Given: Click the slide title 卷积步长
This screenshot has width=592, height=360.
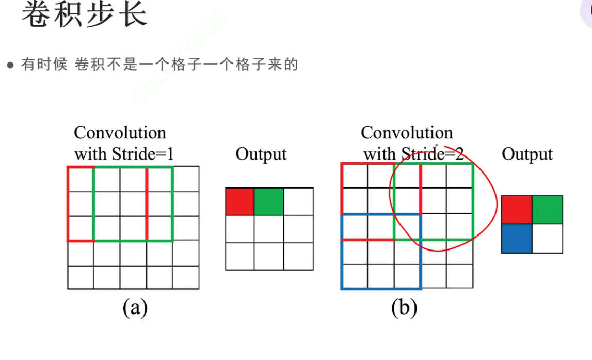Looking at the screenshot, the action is (x=84, y=15).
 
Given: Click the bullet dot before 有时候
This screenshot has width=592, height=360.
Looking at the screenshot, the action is (x=10, y=66).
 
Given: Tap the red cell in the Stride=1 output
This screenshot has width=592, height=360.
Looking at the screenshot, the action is (x=240, y=201).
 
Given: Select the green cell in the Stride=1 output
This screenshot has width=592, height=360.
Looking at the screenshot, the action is (x=269, y=201).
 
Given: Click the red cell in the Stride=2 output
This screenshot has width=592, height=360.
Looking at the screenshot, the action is (x=517, y=210).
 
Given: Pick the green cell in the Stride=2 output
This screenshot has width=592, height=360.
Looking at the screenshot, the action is (x=548, y=210).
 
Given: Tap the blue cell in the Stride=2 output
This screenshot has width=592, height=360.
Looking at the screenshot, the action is (x=517, y=238).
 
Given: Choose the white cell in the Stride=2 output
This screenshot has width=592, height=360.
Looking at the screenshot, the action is (x=548, y=238).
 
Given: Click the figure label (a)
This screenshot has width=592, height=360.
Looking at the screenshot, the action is (x=135, y=307).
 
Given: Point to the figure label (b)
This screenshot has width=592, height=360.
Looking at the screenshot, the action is (x=404, y=307).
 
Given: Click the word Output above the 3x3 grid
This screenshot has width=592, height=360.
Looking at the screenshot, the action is (x=261, y=154).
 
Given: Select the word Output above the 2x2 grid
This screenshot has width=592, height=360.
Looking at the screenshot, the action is (x=527, y=154).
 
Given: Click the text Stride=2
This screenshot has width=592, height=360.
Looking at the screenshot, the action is (x=433, y=154).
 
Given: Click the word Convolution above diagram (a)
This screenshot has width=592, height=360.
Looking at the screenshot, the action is (x=120, y=133).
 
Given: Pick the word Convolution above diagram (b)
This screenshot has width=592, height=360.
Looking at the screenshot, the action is (x=407, y=133).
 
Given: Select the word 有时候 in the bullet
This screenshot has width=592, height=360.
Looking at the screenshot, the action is (x=44, y=65).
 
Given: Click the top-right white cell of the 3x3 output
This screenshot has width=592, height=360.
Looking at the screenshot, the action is (x=298, y=201).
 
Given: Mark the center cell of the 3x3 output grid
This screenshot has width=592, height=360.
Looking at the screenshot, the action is (x=269, y=229).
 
